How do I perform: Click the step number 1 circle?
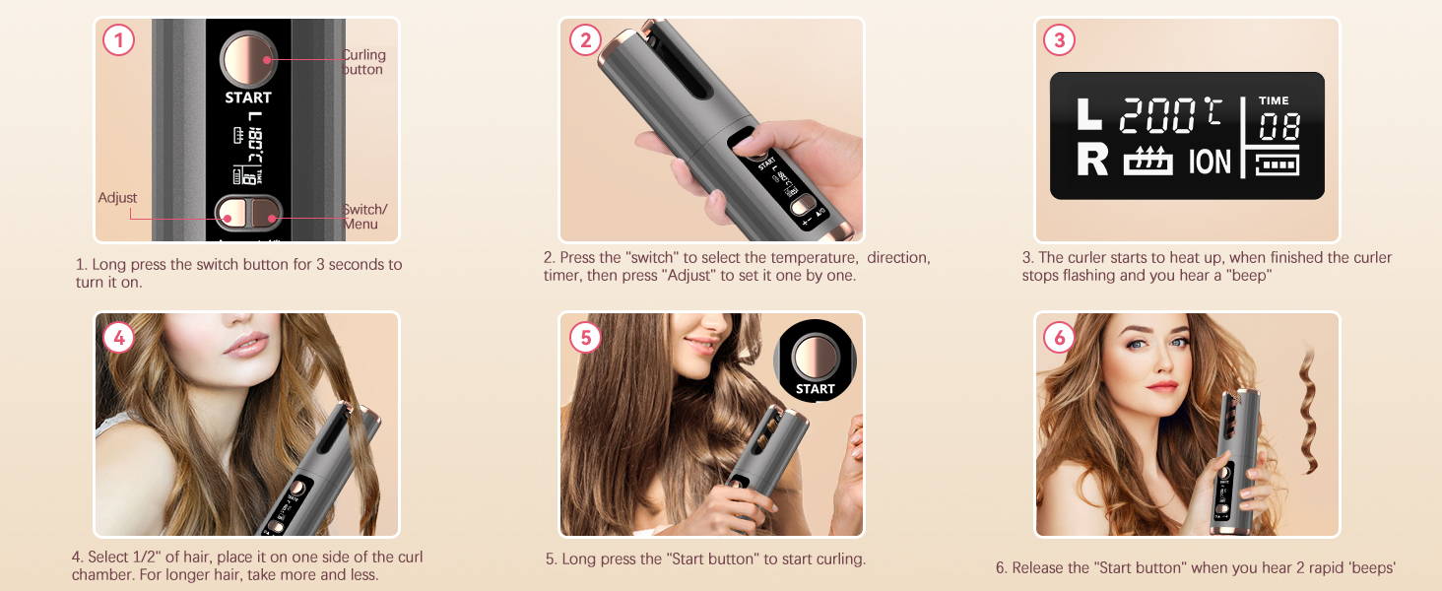119,40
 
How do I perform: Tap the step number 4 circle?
119,338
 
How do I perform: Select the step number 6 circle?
1059,338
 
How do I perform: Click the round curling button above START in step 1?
248,59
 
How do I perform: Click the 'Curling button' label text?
363,62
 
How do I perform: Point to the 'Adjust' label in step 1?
118,198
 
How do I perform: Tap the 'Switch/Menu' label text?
364,217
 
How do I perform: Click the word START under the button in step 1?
248,98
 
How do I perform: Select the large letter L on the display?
1089,115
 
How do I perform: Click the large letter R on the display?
1091,161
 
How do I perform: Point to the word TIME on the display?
1274,100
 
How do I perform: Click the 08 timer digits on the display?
1278,128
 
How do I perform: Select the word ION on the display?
1210,162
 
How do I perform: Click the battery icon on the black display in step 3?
1278,164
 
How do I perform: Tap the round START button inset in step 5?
815,358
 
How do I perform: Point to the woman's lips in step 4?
245,346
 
